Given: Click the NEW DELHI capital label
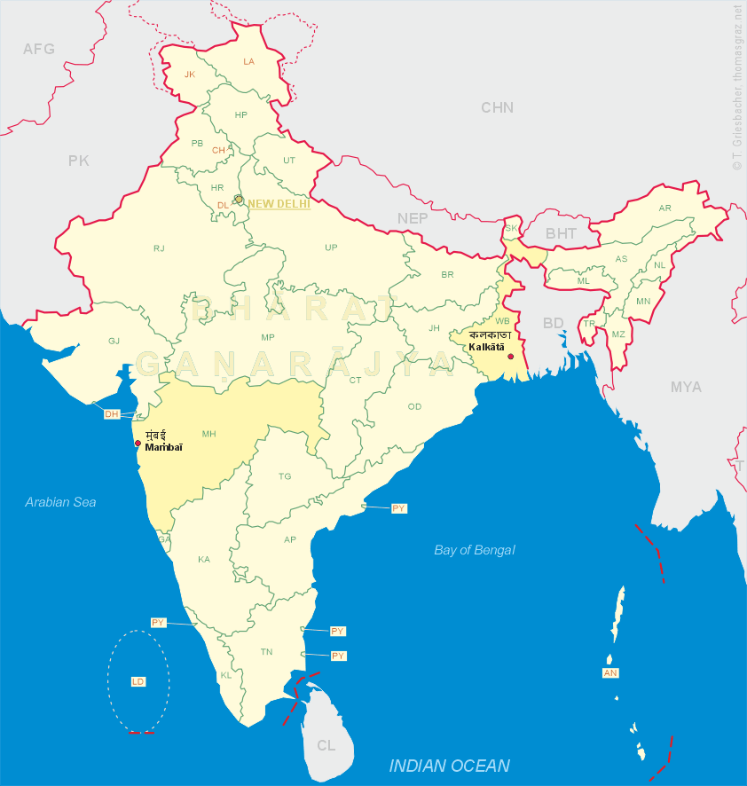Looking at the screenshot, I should pos(279,203).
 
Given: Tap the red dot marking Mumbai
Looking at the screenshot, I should pos(138,444).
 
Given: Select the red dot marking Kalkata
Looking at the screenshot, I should pos(510,357).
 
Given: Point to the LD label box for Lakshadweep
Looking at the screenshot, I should pos(138,681).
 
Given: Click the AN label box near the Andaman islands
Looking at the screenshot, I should pos(610,673).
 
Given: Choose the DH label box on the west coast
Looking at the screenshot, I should pos(112,414).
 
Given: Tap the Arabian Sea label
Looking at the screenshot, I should pos(60,502).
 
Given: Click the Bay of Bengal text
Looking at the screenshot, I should pos(475,550).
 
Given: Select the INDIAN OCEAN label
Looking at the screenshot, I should pos(450,766).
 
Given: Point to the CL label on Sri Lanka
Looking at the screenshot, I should pos(326,745).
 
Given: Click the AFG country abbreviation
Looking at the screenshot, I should pos(39,49).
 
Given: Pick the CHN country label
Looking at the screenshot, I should pos(498,107).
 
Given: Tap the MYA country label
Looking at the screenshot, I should pos(686,387).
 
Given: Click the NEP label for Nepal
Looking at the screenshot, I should pos(413,218).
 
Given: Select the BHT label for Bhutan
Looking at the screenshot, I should pos(561,233).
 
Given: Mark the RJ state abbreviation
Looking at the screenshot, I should pos(159,248).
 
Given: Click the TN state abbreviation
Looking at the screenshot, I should pos(266,651).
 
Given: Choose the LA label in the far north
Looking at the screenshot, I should pos(248,61).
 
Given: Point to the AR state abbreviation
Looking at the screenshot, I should pos(664,208).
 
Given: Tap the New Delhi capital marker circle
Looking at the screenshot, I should pos(239,200).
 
